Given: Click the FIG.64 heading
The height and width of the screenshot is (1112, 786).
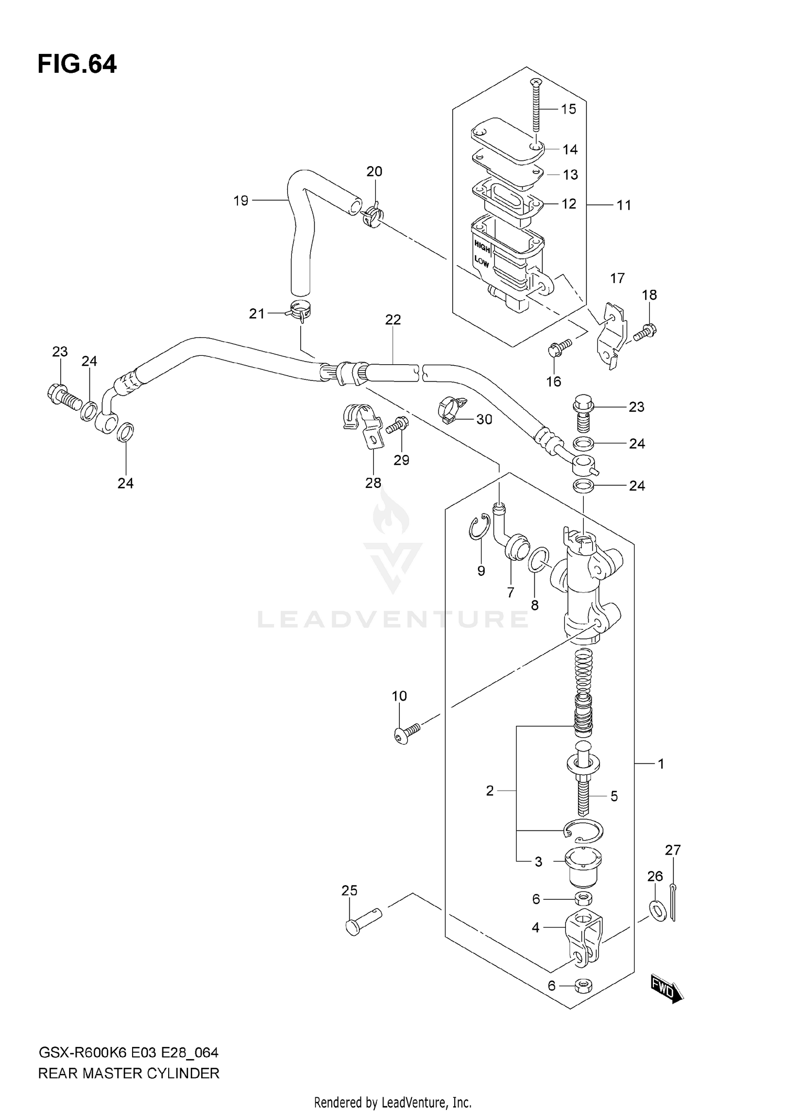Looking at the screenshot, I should (x=77, y=64).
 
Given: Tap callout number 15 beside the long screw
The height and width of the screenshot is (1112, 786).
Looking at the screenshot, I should (x=568, y=109).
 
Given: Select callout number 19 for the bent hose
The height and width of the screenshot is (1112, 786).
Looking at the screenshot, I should (x=241, y=201).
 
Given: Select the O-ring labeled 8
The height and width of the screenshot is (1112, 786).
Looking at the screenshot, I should (x=539, y=560).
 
